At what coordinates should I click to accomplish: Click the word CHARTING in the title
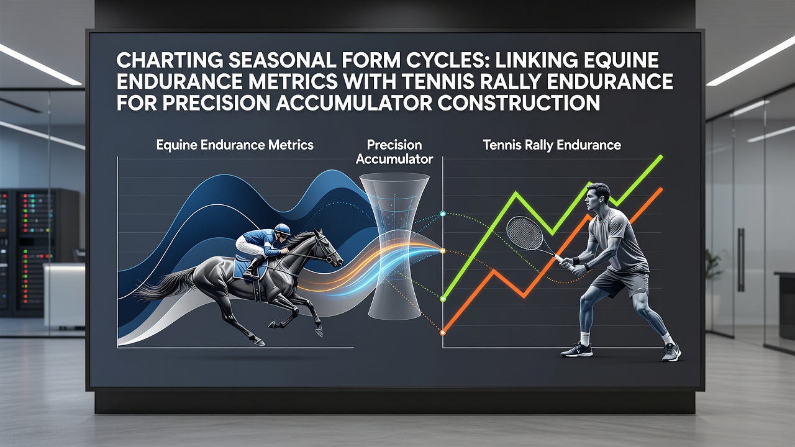tap(170, 60)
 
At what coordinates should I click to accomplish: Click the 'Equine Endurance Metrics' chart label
tap(235, 145)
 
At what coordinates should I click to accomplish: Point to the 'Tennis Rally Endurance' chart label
tap(552, 145)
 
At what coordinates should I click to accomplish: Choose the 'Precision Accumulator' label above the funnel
tap(394, 152)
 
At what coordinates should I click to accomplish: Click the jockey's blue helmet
tap(283, 229)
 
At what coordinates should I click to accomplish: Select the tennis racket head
tap(525, 234)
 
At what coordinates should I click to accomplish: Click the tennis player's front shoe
tap(576, 350)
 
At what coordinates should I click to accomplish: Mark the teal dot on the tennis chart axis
tap(443, 214)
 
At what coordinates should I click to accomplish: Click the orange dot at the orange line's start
tap(443, 333)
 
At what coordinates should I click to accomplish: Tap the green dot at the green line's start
tap(443, 299)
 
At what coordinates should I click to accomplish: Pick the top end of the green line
tap(661, 156)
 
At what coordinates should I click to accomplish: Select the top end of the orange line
tap(661, 189)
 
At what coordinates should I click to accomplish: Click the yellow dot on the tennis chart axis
tap(443, 251)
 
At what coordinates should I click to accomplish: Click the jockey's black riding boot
tap(253, 267)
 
